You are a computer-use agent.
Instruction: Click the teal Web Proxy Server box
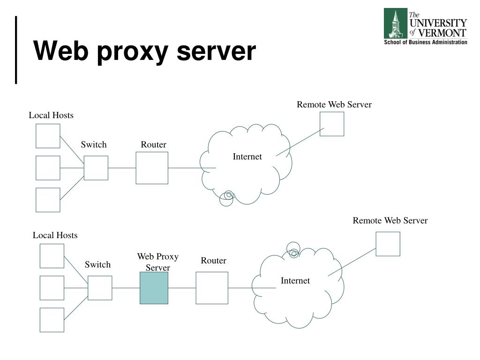pos(154,288)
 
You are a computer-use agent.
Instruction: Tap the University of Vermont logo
pos(425,26)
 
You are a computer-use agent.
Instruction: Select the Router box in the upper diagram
pos(152,168)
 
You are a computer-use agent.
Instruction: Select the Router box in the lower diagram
pos(212,288)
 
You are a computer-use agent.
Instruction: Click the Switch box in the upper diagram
pos(96,168)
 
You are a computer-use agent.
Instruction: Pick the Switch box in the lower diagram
pos(100,288)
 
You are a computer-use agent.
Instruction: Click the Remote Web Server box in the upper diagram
pos(332,124)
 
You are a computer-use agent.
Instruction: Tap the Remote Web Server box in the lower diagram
pos(388,244)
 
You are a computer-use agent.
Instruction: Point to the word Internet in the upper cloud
pos(247,157)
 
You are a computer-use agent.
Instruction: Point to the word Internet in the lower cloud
pos(295,281)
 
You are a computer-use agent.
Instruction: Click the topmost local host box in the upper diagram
pos(48,136)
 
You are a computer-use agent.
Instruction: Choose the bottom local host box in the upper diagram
pos(48,200)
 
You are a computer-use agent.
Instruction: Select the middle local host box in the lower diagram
pos(52,288)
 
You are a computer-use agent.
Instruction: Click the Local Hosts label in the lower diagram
pos(55,235)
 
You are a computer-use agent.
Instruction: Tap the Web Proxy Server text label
pos(157,262)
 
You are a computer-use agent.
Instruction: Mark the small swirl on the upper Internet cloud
pos(227,197)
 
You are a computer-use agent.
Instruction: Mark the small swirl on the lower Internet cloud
pos(293,250)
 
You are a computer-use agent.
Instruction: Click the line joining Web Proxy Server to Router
pos(182,288)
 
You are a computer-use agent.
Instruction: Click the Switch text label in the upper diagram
pos(94,145)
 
